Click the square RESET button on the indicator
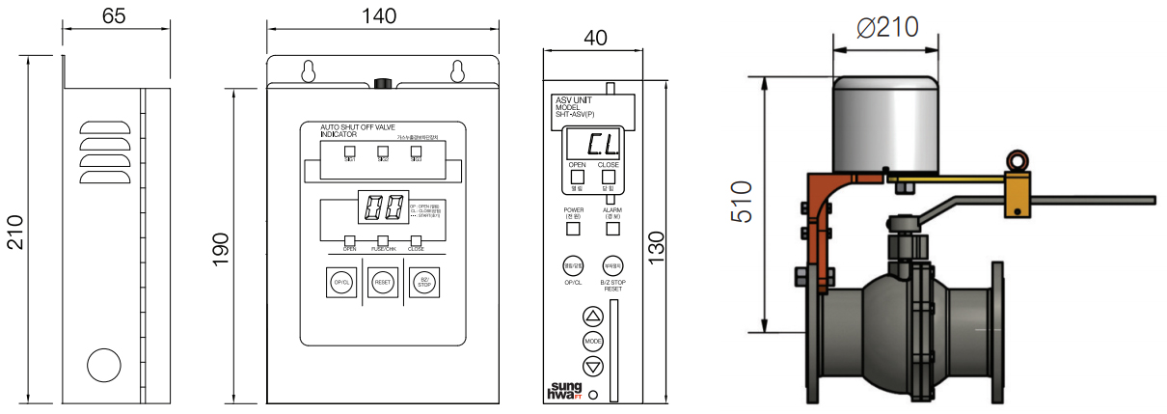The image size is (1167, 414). [382, 283]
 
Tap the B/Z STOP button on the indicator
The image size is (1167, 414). [423, 283]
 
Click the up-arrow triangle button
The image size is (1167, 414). [593, 317]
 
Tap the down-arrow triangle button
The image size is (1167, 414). [593, 366]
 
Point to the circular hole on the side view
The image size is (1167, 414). [104, 366]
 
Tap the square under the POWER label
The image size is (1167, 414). [573, 230]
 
